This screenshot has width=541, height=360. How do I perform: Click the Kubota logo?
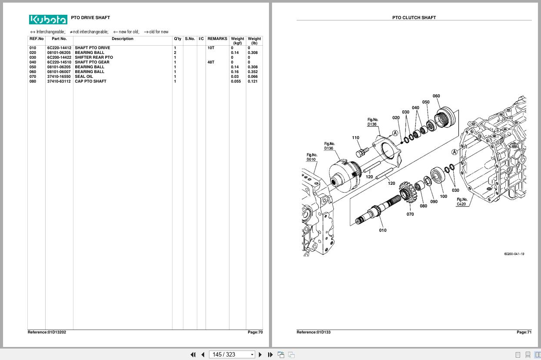[x=48, y=20]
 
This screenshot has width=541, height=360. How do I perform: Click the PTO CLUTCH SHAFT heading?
[x=414, y=18]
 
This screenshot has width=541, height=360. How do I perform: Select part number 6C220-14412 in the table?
[x=59, y=48]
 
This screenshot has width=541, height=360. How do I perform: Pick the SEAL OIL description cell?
[x=84, y=77]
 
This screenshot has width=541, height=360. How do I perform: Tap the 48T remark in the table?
[x=211, y=62]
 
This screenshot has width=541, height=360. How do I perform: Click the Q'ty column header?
[x=177, y=39]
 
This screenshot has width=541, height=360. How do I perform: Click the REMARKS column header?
[x=217, y=39]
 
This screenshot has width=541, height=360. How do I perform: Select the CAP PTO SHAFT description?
[x=90, y=81]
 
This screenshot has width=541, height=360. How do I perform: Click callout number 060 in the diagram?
[x=436, y=96]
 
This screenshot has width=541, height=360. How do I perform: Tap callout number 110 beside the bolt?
[x=355, y=138]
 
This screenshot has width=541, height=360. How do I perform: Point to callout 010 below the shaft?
[x=382, y=230]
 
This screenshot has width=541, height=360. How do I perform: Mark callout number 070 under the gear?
[x=410, y=214]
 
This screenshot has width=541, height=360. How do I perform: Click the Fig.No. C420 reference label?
[x=462, y=202]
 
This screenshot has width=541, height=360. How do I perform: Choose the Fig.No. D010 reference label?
[x=311, y=157]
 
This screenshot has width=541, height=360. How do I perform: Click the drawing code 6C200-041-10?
[x=514, y=254]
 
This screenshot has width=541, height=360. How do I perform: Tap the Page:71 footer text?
[x=524, y=332]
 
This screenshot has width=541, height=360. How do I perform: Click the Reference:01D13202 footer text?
[x=47, y=332]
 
